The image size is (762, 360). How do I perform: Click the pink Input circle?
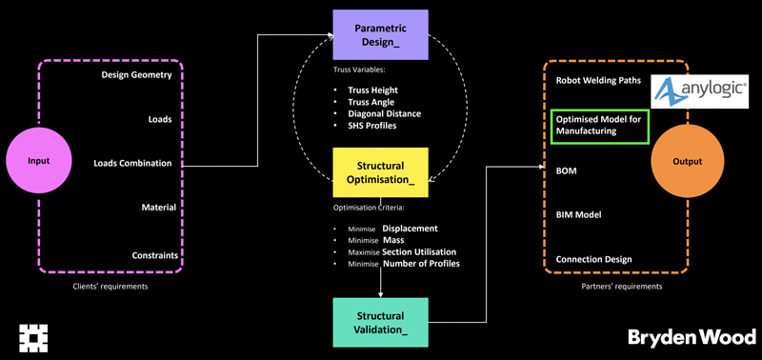click(39, 161)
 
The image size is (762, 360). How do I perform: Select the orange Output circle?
click(687, 161)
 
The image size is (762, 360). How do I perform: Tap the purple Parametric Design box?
click(380, 35)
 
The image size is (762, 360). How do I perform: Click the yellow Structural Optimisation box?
click(380, 172)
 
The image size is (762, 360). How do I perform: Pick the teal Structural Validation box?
click(380, 323)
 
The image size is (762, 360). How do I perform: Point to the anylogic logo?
click(699, 91)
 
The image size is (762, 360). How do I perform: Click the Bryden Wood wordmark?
click(692, 337)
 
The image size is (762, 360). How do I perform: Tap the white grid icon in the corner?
click(33, 337)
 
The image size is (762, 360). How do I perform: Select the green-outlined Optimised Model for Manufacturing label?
click(600, 126)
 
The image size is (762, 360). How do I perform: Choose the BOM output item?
click(567, 171)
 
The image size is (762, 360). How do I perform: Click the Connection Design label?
click(593, 259)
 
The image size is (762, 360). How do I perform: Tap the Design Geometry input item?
click(136, 75)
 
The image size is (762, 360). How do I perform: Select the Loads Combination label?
click(132, 163)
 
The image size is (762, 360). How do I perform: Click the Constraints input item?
click(155, 255)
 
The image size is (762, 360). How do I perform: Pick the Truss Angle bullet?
click(371, 102)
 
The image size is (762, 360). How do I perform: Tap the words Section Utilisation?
click(419, 252)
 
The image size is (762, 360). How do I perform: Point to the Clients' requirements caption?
click(110, 287)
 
